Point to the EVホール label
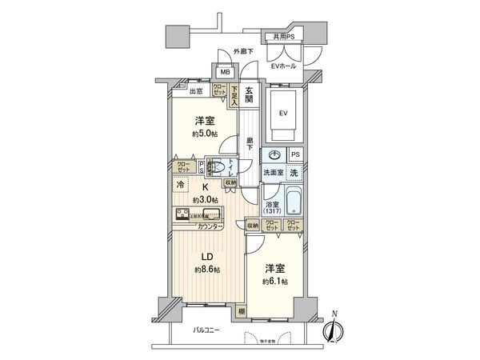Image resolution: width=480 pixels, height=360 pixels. (284, 66)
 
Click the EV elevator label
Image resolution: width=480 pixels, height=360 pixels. (282, 113)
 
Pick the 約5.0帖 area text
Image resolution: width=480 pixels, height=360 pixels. (204, 134)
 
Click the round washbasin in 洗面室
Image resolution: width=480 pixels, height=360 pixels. (275, 155)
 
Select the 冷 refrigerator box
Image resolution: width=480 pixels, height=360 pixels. (180, 185)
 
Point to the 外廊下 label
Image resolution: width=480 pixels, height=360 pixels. (243, 52)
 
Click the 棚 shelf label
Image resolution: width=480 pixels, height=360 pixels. (242, 311)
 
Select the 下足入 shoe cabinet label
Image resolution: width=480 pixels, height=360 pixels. (234, 95)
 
